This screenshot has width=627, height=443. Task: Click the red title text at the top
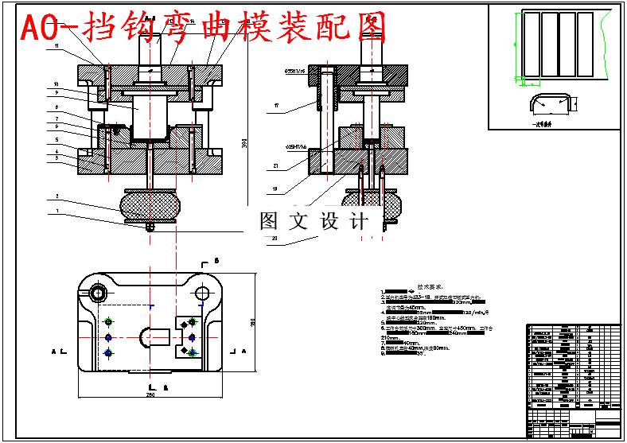pos(203,28)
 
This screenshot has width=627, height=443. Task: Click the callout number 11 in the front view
pos(57,47)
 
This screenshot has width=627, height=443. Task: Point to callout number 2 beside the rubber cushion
pos(57,195)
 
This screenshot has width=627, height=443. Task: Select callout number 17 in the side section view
pos(275,105)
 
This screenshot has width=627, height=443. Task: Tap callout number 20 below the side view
pos(274,238)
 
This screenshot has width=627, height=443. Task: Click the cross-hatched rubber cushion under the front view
pos(150,204)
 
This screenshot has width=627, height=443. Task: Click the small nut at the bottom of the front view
pos(150,226)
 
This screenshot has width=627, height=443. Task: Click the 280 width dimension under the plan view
pos(150,395)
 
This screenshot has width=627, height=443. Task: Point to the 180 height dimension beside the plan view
pos(253,322)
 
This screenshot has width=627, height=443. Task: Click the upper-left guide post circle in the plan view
pos(98,293)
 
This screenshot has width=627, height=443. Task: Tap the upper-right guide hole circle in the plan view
pos(202,293)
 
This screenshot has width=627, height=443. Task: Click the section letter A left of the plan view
pos(54,350)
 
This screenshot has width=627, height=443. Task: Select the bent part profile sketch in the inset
pos(551,103)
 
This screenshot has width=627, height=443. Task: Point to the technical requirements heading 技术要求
pos(430,286)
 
